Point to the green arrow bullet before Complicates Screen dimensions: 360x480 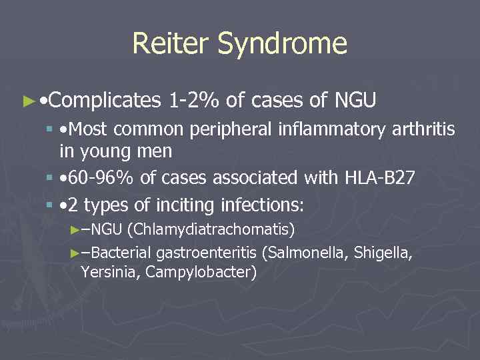coord(27,101)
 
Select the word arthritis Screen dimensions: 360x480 coord(421,129)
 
